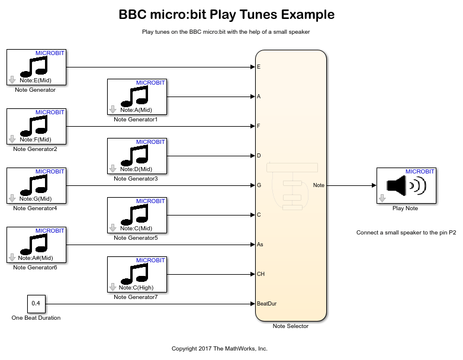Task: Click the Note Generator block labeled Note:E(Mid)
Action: click(36, 67)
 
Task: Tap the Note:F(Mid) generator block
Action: click(36, 126)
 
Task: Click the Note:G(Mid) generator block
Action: click(36, 185)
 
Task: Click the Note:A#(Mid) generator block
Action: click(36, 245)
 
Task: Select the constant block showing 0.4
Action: click(36, 304)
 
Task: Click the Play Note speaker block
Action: click(406, 185)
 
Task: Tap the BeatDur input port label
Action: click(266, 304)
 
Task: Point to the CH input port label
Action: click(261, 274)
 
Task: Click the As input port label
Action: click(260, 245)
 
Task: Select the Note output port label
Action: click(319, 185)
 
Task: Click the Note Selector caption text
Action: click(290, 326)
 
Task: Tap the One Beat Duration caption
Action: click(36, 318)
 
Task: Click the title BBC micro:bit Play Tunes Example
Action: click(227, 15)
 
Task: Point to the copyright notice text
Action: click(220, 349)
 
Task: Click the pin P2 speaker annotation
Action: click(406, 233)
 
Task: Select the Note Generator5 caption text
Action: click(136, 238)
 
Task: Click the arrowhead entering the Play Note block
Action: click(374, 185)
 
